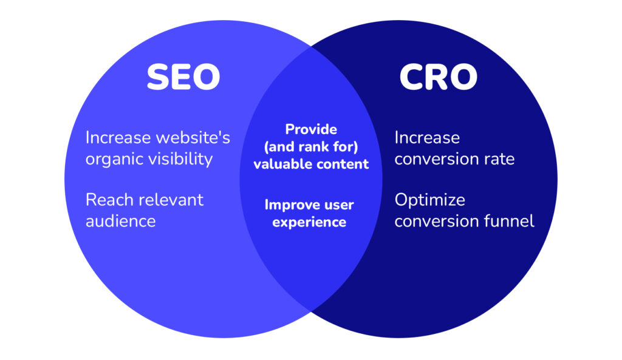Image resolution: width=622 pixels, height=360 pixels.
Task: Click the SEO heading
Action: pos(183,77)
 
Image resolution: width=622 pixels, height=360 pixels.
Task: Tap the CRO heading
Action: pos(439,77)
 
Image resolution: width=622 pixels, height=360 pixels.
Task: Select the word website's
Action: pos(193,138)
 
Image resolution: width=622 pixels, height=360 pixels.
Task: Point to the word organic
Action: pos(114,160)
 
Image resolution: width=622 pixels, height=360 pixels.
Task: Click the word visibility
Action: pos(180,158)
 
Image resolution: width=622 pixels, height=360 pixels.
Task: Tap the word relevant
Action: pos(171,200)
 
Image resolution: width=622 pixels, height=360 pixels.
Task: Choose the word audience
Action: pos(121,221)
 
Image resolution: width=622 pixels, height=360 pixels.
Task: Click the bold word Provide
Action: pos(311,129)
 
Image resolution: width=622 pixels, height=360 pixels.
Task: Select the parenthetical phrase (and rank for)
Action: pos(311,147)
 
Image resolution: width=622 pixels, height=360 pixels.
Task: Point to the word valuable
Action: pos(281,164)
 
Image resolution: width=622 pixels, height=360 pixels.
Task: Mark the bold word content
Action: pos(341,164)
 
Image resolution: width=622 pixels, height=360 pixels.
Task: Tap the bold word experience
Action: pos(309,222)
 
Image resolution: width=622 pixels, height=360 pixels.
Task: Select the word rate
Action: pos(499,160)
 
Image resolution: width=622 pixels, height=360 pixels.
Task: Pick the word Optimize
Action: pos(429,200)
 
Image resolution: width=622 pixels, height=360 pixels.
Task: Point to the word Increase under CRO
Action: pos(427,138)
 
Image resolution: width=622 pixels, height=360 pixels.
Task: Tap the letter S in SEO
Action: pos(159,77)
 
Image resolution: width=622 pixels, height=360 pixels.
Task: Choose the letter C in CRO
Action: pos(412,77)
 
